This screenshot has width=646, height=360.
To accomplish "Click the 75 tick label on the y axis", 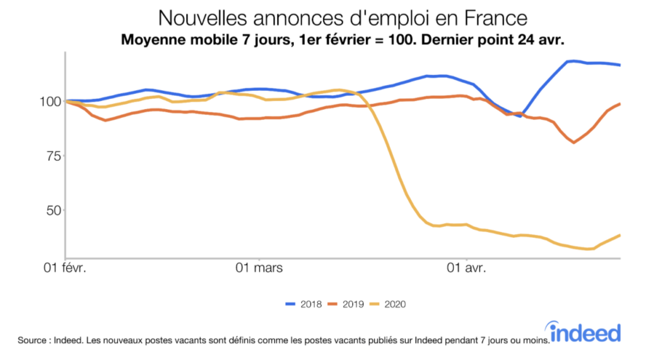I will (x=54, y=156).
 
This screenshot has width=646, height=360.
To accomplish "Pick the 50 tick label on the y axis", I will (x=54, y=210).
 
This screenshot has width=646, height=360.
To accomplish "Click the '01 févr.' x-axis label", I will (x=65, y=269).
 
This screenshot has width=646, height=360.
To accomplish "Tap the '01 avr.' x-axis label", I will (x=466, y=269).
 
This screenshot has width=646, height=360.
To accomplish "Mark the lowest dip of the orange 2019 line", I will (x=573, y=142).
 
